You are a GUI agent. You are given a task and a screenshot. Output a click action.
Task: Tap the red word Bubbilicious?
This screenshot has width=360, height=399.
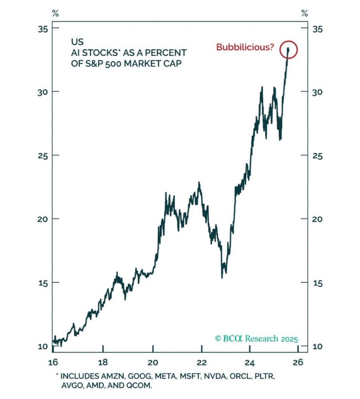coord(245,47)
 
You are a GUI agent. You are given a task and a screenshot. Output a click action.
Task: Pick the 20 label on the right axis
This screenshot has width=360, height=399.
coord(317,219)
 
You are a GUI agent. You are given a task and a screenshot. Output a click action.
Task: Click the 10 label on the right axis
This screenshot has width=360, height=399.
coord(317,346)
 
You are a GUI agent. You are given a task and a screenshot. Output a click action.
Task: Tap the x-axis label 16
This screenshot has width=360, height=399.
coord(52,362)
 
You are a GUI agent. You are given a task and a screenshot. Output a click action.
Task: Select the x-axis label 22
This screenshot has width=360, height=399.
coord(201,362)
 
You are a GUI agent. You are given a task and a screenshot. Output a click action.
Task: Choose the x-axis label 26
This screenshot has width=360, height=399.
coord(298,362)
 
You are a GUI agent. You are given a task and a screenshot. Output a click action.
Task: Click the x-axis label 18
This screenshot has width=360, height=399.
coord(103,362)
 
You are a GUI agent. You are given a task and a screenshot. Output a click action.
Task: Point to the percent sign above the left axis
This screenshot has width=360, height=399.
coord(55,14)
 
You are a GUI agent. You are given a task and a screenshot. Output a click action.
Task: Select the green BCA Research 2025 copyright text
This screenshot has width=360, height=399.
coord(256,339)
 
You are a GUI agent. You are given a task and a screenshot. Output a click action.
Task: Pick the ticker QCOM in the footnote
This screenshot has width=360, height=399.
coord(140,386)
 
